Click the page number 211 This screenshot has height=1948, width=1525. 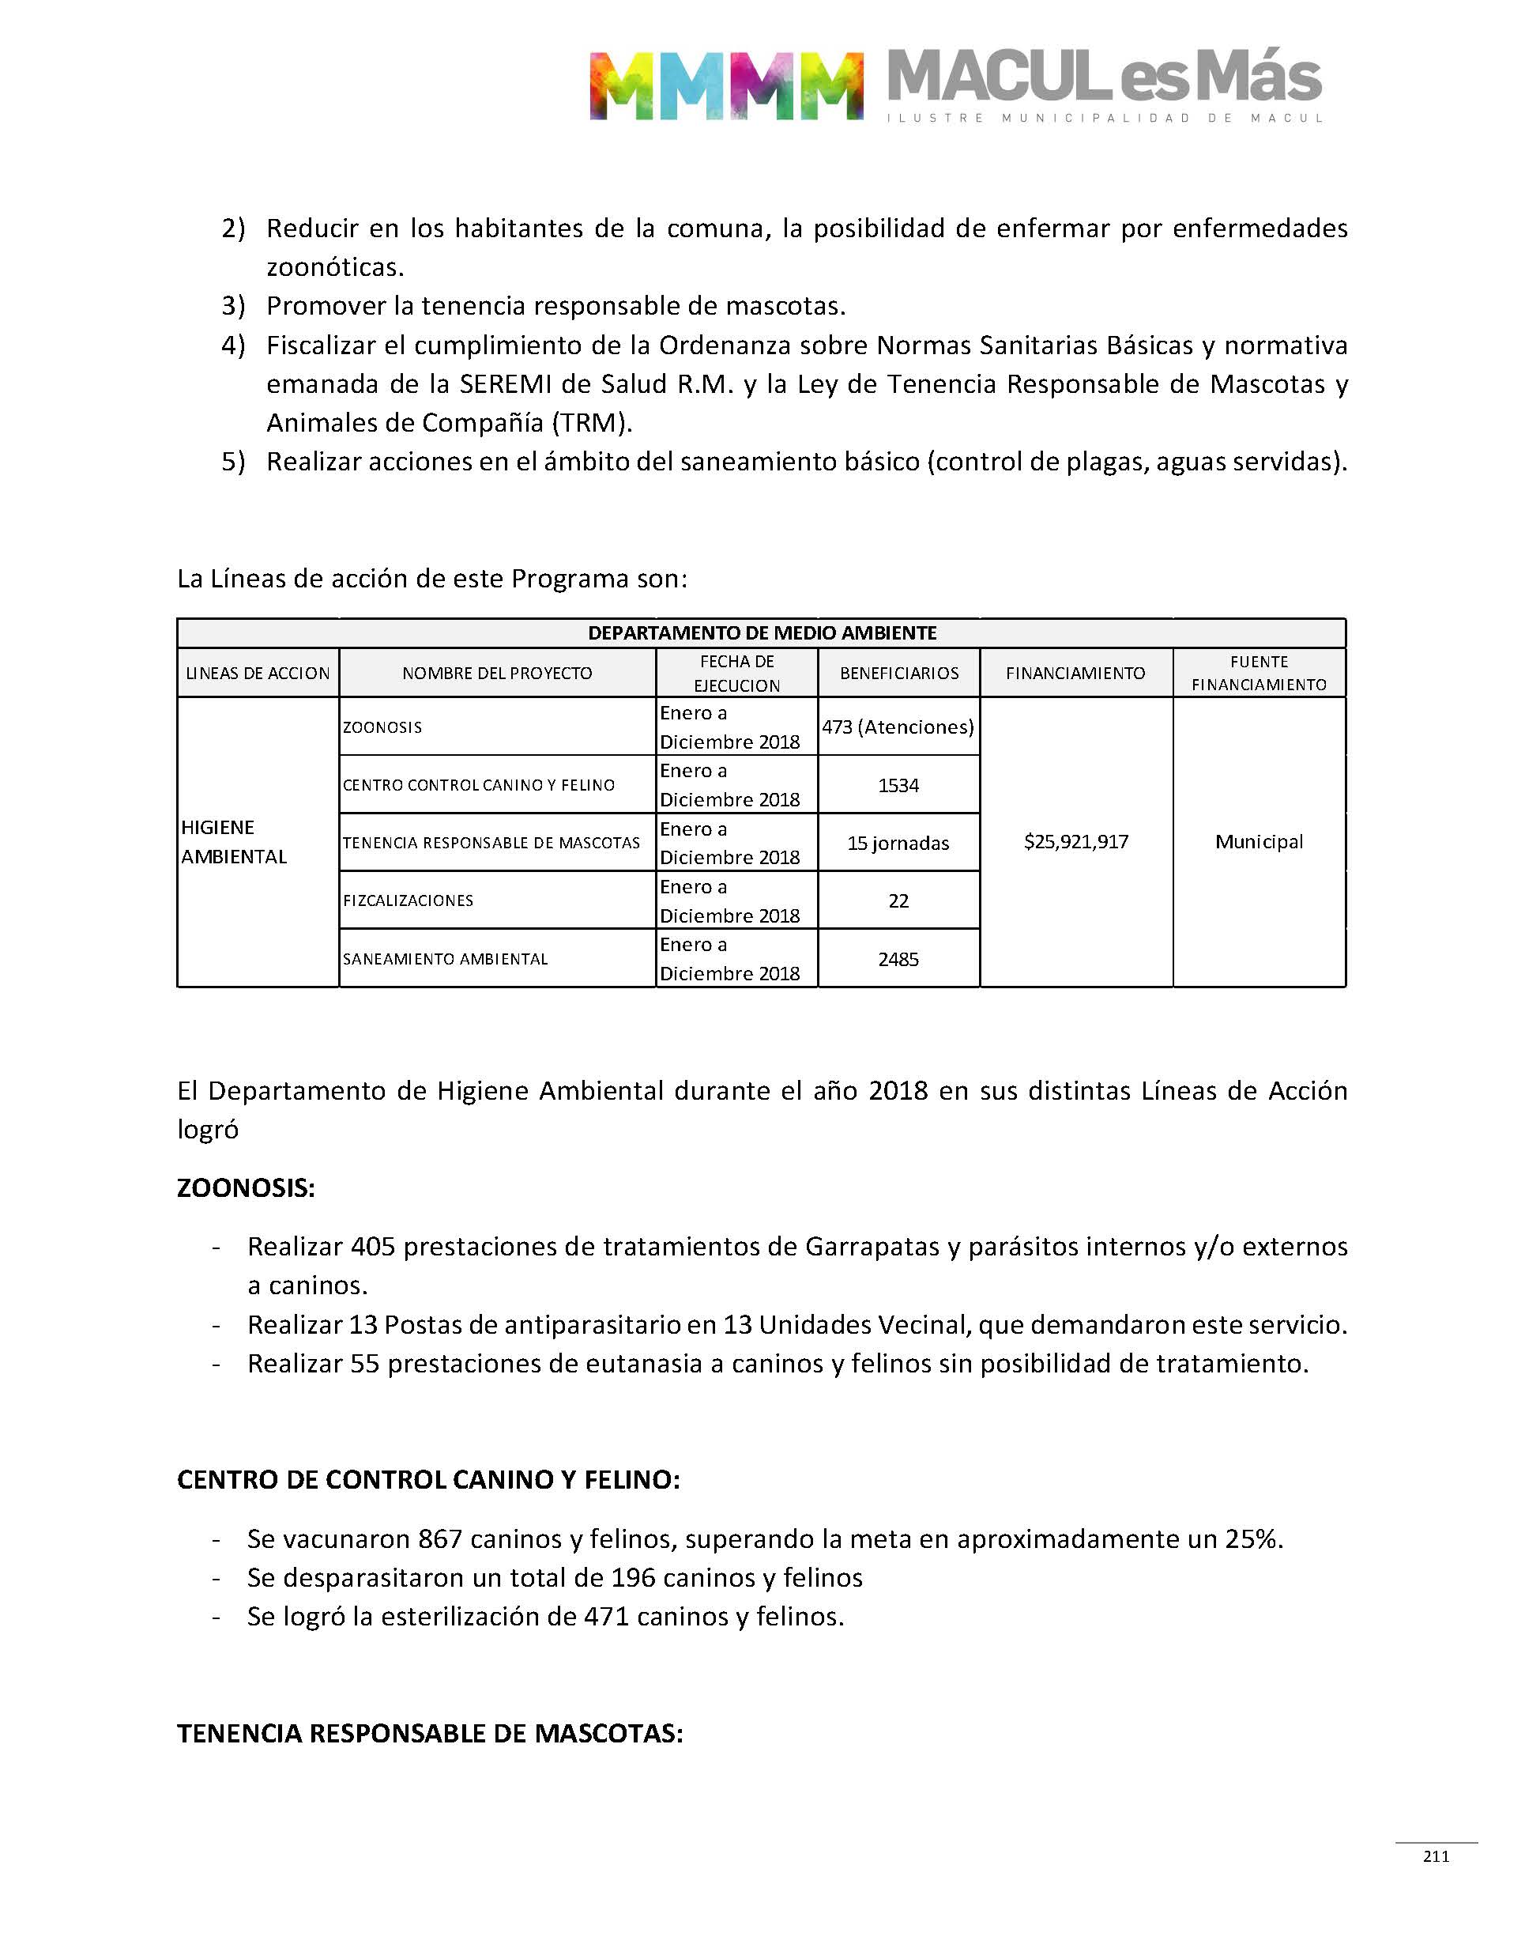(x=1436, y=1856)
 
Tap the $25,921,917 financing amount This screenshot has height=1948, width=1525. (x=1076, y=841)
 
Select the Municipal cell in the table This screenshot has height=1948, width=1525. (x=1259, y=841)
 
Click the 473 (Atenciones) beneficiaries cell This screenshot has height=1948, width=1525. (x=898, y=727)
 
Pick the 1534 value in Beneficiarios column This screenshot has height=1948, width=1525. (x=898, y=785)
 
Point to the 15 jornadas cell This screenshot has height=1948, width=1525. (x=898, y=843)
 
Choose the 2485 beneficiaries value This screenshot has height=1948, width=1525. (x=898, y=959)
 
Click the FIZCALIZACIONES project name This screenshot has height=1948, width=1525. (x=408, y=900)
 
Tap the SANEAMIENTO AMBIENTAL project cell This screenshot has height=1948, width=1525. (x=446, y=959)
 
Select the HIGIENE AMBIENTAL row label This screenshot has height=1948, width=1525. (x=234, y=841)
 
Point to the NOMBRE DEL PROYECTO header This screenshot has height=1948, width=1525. (x=496, y=674)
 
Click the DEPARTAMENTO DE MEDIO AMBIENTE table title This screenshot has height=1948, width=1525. (x=762, y=633)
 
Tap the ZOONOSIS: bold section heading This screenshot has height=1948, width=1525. (x=246, y=1188)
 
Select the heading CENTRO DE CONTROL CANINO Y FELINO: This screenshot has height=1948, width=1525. (x=428, y=1480)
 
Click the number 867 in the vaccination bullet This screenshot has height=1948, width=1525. (x=440, y=1539)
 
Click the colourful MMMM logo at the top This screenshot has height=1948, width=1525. (x=726, y=85)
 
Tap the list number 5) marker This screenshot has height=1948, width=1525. (x=233, y=462)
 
